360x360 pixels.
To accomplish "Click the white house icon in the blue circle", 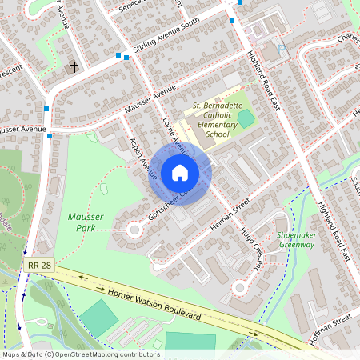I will [x=180, y=172].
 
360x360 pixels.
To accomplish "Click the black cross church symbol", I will [x=74, y=67].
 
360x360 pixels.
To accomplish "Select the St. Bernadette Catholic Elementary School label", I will [x=217, y=120].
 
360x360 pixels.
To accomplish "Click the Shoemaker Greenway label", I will [x=295, y=239].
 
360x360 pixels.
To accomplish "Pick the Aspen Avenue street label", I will [x=142, y=154].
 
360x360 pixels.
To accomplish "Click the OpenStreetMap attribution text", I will [x=80, y=354].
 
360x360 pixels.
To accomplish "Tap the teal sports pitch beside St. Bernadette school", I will [x=246, y=119].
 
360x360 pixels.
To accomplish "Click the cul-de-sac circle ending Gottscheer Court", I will [x=134, y=230].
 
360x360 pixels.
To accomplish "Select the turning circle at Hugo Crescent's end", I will [x=239, y=287].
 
